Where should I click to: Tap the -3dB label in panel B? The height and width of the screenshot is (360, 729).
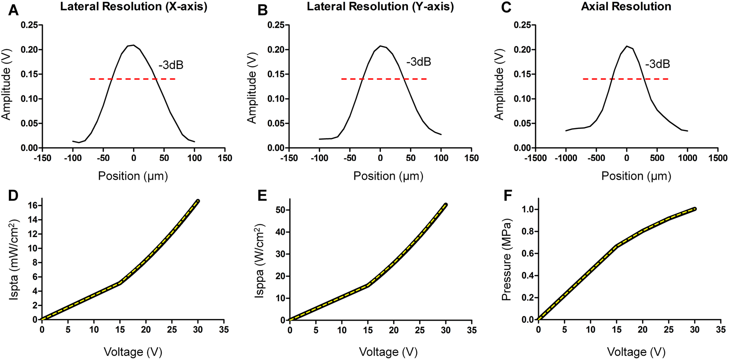pos(418,62)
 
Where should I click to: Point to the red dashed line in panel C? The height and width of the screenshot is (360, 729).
pos(625,79)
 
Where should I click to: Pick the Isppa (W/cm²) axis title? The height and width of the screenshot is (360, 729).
pos(260,261)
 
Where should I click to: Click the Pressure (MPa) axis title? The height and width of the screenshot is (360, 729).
pos(506,260)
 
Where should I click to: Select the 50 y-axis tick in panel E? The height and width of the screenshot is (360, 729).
pos(279,210)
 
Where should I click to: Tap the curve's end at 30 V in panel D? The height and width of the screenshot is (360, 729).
pos(197,201)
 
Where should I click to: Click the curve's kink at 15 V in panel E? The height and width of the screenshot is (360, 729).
pos(368,286)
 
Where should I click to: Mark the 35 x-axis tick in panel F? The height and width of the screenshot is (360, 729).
pos(720,330)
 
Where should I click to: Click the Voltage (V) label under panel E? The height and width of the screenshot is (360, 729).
pos(388,352)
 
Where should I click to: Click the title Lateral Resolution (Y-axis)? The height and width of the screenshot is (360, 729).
pos(380,7)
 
